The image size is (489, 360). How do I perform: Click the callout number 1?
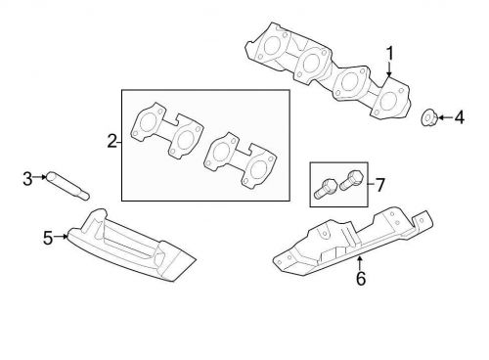coord(389,52)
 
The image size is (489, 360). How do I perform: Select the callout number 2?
coord(112,142)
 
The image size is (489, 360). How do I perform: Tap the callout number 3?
coord(26,177)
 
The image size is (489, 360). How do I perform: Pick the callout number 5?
coord(47,236)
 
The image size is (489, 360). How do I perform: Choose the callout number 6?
coord(360,278)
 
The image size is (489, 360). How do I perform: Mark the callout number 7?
coord(380,183)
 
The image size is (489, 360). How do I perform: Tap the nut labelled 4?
coord(427,118)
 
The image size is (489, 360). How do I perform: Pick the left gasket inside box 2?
coord(167,134)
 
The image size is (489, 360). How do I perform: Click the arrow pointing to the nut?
coord(441,118)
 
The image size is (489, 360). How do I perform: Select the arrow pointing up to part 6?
coord(360,261)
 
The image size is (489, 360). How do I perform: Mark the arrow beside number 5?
coord(61,236)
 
